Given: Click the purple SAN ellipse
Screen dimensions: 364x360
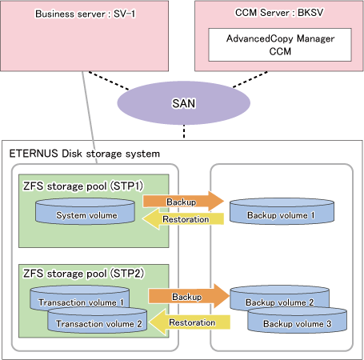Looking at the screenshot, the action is pyautogui.click(x=184, y=103).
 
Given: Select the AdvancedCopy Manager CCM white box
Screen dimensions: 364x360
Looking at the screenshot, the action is pyautogui.click(x=280, y=45).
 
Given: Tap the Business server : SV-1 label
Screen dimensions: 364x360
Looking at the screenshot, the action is pyautogui.click(x=86, y=14).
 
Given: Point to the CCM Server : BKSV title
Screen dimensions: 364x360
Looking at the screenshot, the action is pyautogui.click(x=279, y=13).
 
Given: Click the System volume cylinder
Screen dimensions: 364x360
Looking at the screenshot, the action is pyautogui.click(x=85, y=211).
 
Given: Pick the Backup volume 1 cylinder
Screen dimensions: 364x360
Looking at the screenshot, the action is pyautogui.click(x=282, y=211).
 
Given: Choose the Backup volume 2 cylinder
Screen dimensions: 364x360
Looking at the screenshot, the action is pyautogui.click(x=279, y=298).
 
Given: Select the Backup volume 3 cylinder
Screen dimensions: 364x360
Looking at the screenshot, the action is pyautogui.click(x=298, y=320).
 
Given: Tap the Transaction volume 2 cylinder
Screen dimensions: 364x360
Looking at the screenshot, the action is pyautogui.click(x=98, y=320).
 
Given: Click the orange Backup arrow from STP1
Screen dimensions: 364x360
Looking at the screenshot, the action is pyautogui.click(x=183, y=202).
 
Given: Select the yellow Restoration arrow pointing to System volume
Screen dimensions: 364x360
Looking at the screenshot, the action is pyautogui.click(x=183, y=219).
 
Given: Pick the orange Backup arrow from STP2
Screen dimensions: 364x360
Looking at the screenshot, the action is pyautogui.click(x=189, y=296).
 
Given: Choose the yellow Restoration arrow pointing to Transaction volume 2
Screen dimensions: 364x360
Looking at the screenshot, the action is pyautogui.click(x=190, y=322).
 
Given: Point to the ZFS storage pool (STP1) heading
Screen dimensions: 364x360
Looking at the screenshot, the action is pyautogui.click(x=83, y=186).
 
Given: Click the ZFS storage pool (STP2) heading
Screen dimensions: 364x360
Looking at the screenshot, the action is pyautogui.click(x=83, y=274).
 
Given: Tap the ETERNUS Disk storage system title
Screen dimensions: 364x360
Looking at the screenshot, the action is pyautogui.click(x=85, y=154).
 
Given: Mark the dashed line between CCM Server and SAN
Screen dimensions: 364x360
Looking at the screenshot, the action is pyautogui.click(x=250, y=79).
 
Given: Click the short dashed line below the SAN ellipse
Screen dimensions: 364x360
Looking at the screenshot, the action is pyautogui.click(x=184, y=131).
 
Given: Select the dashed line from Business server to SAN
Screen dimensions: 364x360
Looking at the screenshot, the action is pyautogui.click(x=109, y=80).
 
